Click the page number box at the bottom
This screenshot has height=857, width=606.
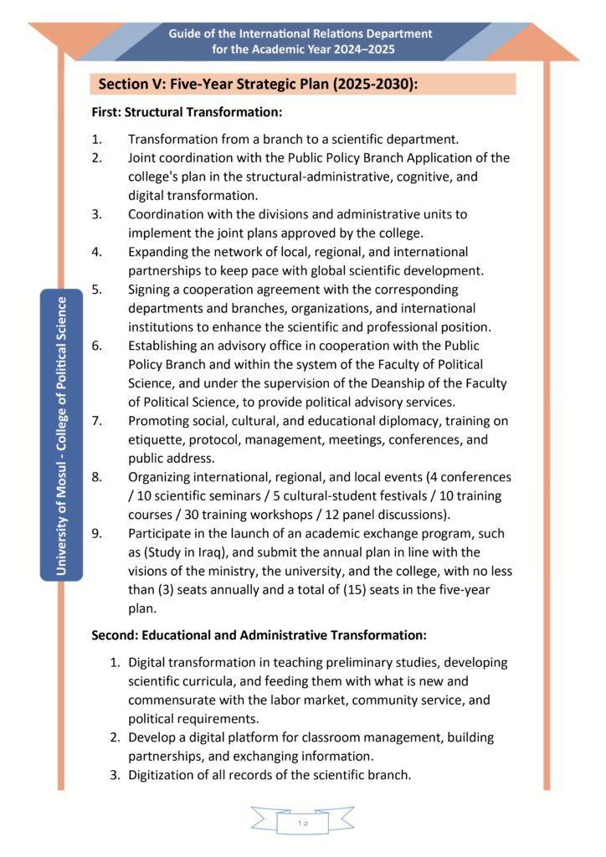coord(302,823)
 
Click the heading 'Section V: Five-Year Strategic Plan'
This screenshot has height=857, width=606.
coord(257,85)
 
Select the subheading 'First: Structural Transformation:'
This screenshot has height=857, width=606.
coord(186,111)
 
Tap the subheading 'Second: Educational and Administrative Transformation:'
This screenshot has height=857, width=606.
coord(259,635)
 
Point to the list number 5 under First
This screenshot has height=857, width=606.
coord(96,290)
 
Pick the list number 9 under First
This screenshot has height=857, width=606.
coord(96,533)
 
